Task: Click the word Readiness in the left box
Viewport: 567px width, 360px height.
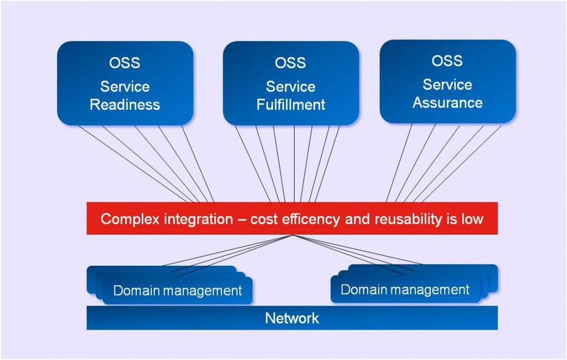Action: (x=125, y=105)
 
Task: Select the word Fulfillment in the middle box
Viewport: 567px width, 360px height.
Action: (x=291, y=105)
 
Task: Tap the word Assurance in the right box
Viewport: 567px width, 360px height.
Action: (x=447, y=103)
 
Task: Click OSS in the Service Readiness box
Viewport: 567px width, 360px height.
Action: (x=125, y=63)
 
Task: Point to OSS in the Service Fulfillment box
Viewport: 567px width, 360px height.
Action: (x=291, y=63)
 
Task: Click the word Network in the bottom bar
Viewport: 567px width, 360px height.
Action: (x=292, y=318)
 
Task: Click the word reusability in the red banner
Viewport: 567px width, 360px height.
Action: (x=408, y=219)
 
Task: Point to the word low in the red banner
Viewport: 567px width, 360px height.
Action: (x=471, y=219)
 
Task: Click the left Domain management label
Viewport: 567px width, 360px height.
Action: (x=177, y=291)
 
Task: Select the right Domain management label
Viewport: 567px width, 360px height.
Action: (x=405, y=290)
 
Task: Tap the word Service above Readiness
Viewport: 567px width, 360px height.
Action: (x=125, y=87)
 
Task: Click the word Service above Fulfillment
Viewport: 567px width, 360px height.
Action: (x=291, y=87)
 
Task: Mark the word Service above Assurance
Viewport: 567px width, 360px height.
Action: (x=447, y=85)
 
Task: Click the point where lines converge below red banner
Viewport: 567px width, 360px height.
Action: (x=292, y=235)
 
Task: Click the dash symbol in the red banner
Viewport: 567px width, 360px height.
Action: (x=241, y=219)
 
